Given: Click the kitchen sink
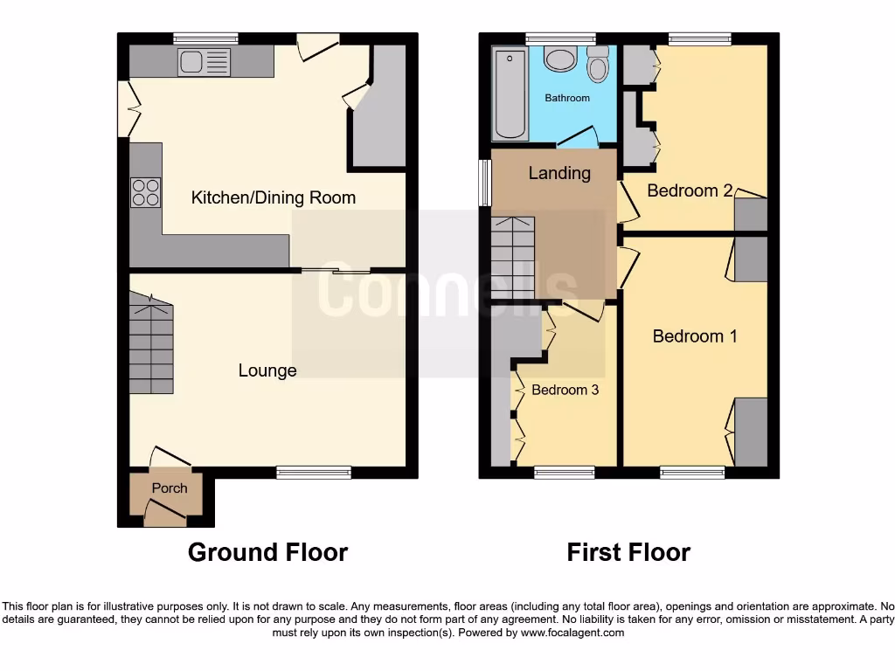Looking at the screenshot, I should click(x=204, y=61).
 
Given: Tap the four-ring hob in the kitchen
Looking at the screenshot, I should click(x=145, y=192).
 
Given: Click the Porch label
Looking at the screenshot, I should click(x=170, y=488).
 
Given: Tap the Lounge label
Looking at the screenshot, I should click(x=267, y=370).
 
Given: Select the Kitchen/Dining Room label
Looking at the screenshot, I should click(x=273, y=197).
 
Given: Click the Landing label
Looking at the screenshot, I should click(x=559, y=173).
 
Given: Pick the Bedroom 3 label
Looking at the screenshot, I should click(x=565, y=390).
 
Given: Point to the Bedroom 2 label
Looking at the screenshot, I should click(x=689, y=190).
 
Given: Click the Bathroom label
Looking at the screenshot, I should click(x=567, y=98).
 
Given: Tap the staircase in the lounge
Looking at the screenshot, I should click(x=151, y=343).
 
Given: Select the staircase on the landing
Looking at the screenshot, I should click(x=511, y=258).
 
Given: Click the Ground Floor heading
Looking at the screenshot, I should click(x=267, y=552).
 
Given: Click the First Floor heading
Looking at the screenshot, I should click(x=628, y=552).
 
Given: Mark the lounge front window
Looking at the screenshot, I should click(x=314, y=473).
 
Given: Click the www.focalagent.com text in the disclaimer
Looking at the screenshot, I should click(x=572, y=633).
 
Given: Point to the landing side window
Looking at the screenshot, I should click(x=485, y=183).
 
